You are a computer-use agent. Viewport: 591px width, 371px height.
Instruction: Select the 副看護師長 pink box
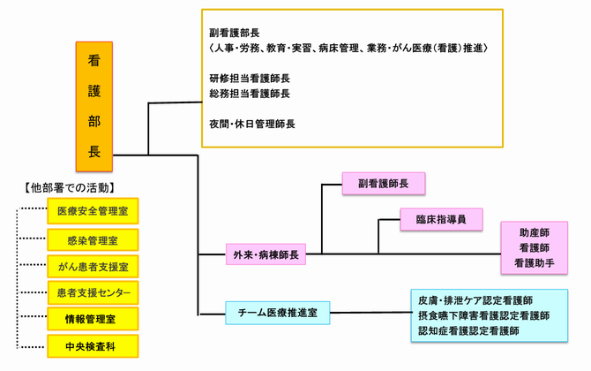[x=384, y=185]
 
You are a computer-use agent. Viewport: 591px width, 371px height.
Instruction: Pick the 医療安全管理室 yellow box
[x=94, y=211]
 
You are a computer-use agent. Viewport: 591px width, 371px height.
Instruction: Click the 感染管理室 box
[x=94, y=238]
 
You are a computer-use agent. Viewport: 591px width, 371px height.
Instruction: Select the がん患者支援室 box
[x=94, y=266]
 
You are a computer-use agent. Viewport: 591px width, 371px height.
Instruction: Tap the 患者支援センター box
[x=94, y=292]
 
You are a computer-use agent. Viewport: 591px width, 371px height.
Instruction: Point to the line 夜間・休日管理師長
[x=251, y=124]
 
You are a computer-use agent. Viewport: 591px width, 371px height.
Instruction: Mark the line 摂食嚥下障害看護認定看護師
[x=484, y=315]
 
